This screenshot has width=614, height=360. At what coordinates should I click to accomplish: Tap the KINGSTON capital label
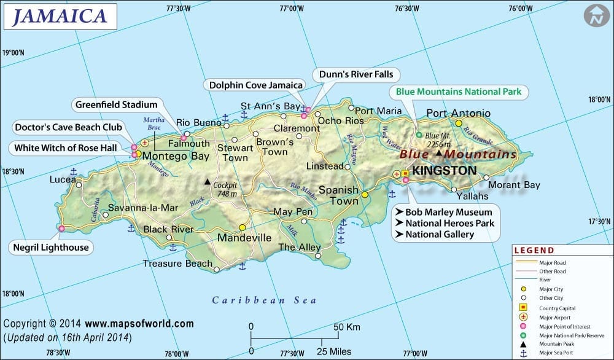445,170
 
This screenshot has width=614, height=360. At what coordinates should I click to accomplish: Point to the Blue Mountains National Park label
458,92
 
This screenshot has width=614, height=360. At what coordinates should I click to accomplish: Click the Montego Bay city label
176,156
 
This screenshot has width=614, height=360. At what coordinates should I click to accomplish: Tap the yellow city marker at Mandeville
243,227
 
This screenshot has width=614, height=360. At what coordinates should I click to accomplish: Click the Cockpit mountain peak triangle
207,182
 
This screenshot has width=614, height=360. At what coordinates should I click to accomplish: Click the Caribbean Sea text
264,300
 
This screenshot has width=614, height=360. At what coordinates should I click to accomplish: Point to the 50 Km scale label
346,327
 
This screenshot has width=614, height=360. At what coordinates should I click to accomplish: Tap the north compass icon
594,15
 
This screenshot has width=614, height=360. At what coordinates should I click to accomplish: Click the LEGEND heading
534,251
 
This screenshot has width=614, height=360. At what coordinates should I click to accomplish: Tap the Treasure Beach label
177,263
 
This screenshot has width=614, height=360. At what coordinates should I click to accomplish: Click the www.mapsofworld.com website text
139,324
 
